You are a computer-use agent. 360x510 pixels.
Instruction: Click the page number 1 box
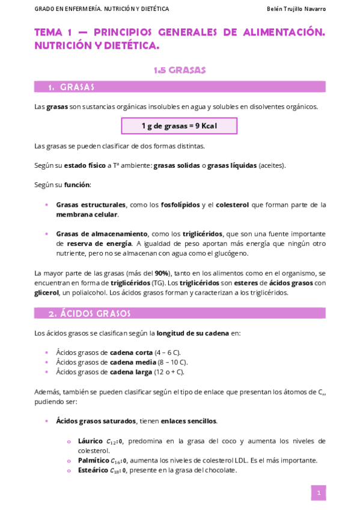(318, 493)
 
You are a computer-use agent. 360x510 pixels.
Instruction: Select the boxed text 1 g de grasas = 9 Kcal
(179, 126)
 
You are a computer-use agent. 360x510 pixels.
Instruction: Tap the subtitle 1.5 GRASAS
(180, 70)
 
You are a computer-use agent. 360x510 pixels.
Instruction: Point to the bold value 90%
(162, 273)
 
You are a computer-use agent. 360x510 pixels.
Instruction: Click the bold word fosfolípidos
(180, 204)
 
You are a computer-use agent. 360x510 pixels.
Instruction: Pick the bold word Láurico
(90, 441)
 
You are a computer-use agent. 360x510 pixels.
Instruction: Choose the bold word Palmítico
(93, 460)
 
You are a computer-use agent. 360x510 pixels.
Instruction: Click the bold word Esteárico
(93, 470)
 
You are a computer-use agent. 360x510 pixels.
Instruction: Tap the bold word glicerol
(46, 293)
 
